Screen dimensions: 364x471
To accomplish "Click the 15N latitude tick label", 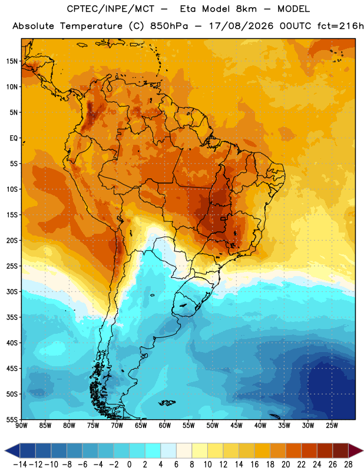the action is click(12, 61).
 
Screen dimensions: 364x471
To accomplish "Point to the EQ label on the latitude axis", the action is click(14, 138).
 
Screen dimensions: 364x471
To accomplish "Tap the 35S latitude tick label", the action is click(12, 317).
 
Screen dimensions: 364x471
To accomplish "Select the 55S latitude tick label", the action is click(12, 419).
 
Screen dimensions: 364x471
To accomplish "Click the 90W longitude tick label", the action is click(21, 425).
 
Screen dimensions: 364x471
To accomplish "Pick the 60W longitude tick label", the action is click(165, 425).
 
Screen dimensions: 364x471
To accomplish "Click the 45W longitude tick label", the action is click(236, 425).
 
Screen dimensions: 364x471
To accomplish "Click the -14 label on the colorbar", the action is click(20, 465).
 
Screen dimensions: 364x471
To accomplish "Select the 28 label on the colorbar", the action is click(348, 465).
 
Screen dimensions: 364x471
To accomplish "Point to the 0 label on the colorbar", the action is click(130, 465).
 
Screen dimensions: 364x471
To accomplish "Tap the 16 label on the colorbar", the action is click(254, 465).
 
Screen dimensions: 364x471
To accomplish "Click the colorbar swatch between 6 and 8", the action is click(184, 450).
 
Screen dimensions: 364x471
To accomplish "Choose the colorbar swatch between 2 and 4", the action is click(153, 450).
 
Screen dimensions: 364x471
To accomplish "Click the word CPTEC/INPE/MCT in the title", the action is click(110, 9).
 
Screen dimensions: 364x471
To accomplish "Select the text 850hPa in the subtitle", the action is click(169, 26).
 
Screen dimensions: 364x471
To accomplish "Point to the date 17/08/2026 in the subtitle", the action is click(241, 26).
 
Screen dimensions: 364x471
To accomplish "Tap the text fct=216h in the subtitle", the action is click(340, 26).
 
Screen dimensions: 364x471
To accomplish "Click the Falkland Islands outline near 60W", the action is click(167, 403).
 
